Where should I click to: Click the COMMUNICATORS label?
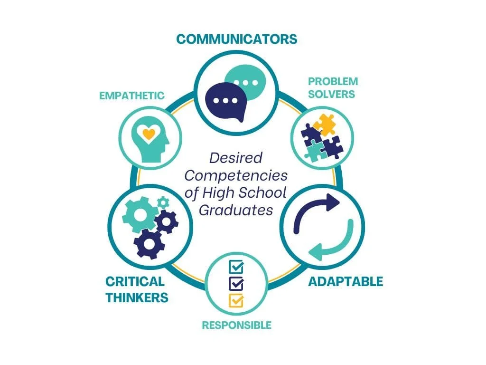236,38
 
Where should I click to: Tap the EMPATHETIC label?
131,96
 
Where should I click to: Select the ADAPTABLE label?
346,281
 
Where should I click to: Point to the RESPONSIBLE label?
236,325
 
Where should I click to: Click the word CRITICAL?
135,281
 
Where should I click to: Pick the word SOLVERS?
331,94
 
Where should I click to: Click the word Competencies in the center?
236,175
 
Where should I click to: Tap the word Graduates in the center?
236,209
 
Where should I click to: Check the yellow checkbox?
236,300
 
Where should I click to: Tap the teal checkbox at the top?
236,267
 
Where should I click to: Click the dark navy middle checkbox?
236,284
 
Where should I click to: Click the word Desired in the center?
236,158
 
